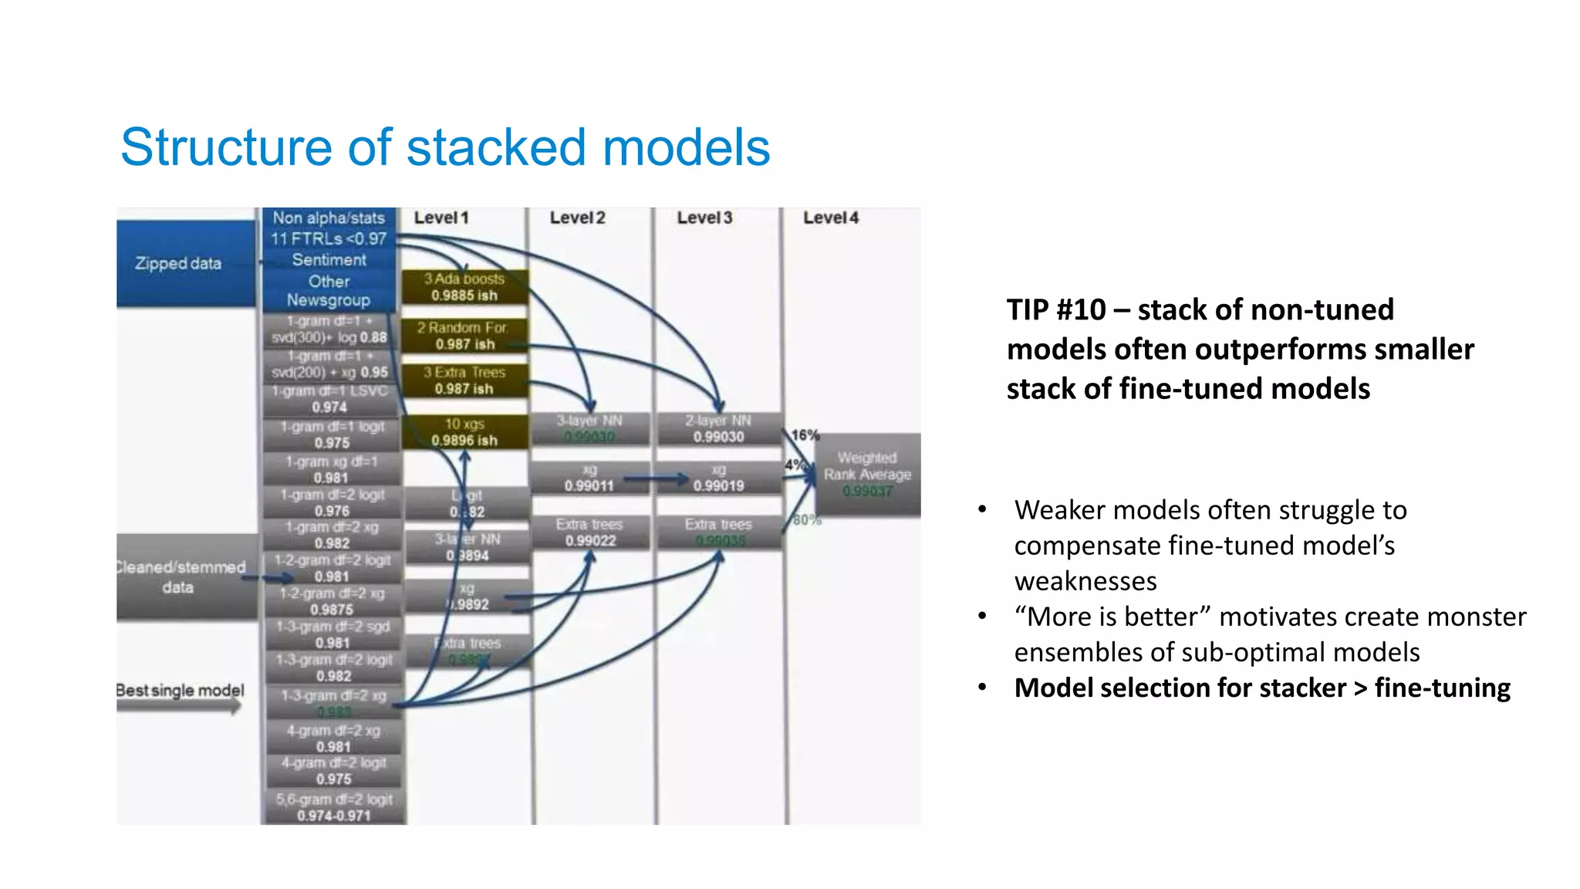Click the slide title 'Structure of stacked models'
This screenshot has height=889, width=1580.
pos(445,147)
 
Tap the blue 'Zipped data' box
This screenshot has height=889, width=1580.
pos(179,263)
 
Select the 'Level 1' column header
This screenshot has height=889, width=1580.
pos(441,218)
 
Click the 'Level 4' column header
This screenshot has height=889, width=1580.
pos(830,218)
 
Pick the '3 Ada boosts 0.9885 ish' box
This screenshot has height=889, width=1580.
pos(464,287)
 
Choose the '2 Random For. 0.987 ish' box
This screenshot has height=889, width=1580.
pos(464,336)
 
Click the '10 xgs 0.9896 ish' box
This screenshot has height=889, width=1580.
pos(464,432)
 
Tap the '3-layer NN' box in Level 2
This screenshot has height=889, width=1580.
pos(589,428)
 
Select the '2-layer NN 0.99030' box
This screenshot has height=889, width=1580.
pos(718,428)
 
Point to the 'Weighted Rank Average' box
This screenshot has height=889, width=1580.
pos(867,474)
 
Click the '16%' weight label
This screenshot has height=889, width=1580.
pos(805,435)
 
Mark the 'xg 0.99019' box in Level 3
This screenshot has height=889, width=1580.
pos(718,478)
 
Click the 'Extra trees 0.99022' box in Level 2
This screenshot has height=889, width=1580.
pos(589,532)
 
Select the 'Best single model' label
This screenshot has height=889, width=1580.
pos(181,691)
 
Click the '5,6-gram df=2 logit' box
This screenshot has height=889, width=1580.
pos(334,807)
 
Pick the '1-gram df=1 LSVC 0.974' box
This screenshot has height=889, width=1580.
pos(330,399)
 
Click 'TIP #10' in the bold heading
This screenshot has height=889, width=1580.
pos(1056,310)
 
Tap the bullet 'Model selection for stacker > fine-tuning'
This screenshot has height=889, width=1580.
pos(1261,688)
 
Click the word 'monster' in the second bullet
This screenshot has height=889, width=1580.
pos(1479,617)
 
